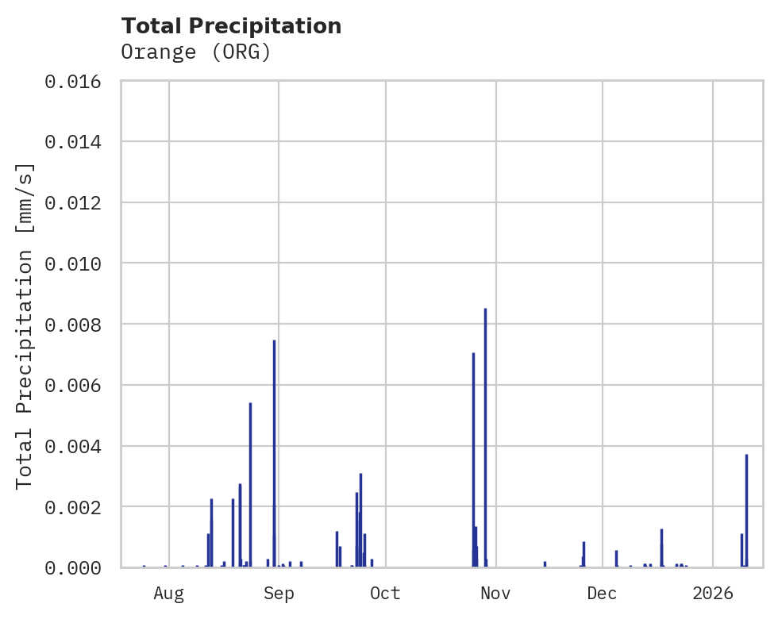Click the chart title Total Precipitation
click(231, 26)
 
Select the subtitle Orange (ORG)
click(196, 52)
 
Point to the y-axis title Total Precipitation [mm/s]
click(25, 325)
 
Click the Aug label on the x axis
click(169, 593)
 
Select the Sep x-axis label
click(279, 593)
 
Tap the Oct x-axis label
click(385, 593)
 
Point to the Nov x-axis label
click(495, 593)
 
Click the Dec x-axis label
click(603, 593)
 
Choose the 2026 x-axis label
click(713, 593)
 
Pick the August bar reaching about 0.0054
click(250, 485)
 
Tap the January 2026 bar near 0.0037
click(746, 511)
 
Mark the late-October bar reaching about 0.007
click(473, 460)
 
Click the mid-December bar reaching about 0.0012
click(661, 548)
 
